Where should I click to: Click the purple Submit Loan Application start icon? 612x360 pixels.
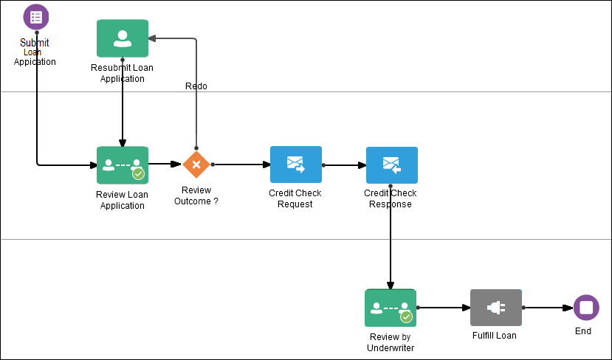tap(35, 17)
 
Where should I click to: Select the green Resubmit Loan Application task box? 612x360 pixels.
tap(123, 38)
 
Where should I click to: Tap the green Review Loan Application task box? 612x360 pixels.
tap(123, 165)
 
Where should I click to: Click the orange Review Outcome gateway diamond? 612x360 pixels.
tap(196, 165)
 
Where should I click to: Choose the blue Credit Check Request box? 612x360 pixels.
tap(295, 165)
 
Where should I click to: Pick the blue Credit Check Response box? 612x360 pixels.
tap(391, 165)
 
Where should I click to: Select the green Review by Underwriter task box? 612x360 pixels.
tap(391, 308)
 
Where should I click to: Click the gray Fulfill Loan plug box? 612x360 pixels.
tap(495, 308)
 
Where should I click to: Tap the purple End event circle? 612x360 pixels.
tap(586, 308)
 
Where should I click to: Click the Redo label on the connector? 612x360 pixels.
tap(196, 86)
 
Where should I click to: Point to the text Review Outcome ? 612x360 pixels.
tap(196, 195)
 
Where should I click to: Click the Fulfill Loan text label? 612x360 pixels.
tap(495, 336)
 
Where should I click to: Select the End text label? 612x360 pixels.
tap(583, 331)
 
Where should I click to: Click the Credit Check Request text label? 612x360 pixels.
tap(295, 198)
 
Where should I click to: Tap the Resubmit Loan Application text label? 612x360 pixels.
tap(123, 73)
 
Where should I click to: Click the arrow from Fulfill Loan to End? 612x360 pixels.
tap(547, 308)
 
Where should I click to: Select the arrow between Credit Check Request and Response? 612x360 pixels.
tap(344, 165)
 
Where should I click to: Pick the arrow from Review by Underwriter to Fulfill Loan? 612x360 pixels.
tap(443, 308)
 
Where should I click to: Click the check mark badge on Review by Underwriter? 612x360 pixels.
tap(406, 316)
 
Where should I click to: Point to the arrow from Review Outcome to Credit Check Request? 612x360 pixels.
tap(241, 165)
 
